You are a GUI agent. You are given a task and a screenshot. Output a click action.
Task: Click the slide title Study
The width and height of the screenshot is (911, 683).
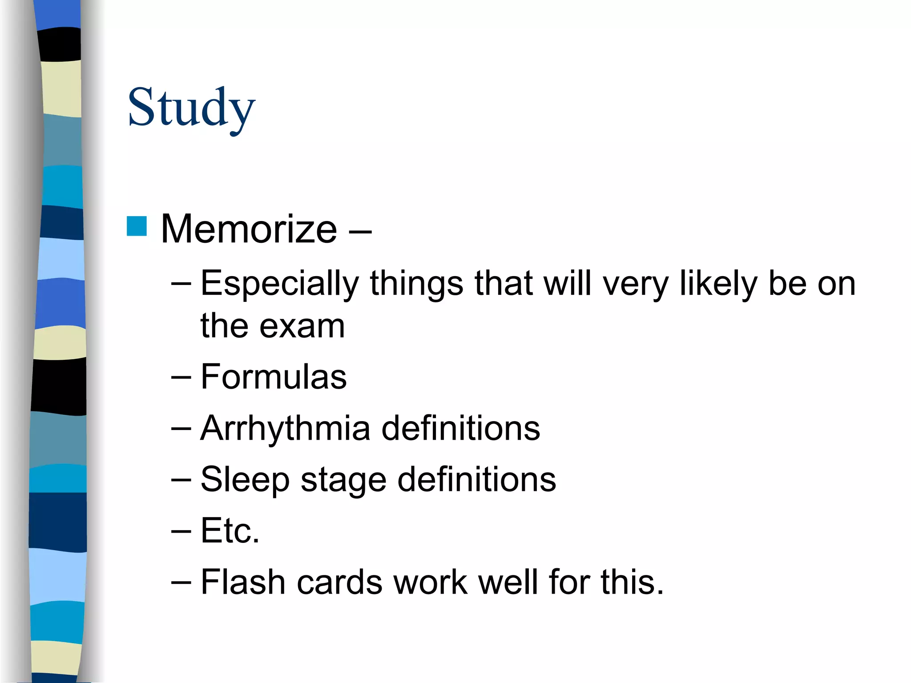191,108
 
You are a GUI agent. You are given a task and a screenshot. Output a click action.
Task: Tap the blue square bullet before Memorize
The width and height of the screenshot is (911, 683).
137,226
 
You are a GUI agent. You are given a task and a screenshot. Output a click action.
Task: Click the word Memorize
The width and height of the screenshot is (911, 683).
249,229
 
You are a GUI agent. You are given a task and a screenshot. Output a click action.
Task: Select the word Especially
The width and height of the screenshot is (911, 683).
279,284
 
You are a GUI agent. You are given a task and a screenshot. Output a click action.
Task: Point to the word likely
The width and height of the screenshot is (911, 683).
718,284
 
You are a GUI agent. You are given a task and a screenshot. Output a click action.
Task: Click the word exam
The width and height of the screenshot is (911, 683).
302,326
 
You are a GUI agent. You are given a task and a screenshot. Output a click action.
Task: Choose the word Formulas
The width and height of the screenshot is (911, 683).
273,377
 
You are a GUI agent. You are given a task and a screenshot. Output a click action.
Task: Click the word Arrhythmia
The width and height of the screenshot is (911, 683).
285,429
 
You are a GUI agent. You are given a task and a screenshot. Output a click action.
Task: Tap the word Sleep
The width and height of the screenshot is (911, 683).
245,480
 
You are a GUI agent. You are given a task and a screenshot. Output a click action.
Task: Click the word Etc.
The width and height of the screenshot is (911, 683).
230,531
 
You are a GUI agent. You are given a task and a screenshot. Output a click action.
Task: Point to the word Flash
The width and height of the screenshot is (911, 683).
243,582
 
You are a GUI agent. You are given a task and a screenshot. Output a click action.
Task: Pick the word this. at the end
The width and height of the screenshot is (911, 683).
632,582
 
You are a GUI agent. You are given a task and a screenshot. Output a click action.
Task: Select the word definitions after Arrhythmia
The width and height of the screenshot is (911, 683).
461,429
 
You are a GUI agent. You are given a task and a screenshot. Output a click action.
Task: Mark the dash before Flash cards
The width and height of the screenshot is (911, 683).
181,583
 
